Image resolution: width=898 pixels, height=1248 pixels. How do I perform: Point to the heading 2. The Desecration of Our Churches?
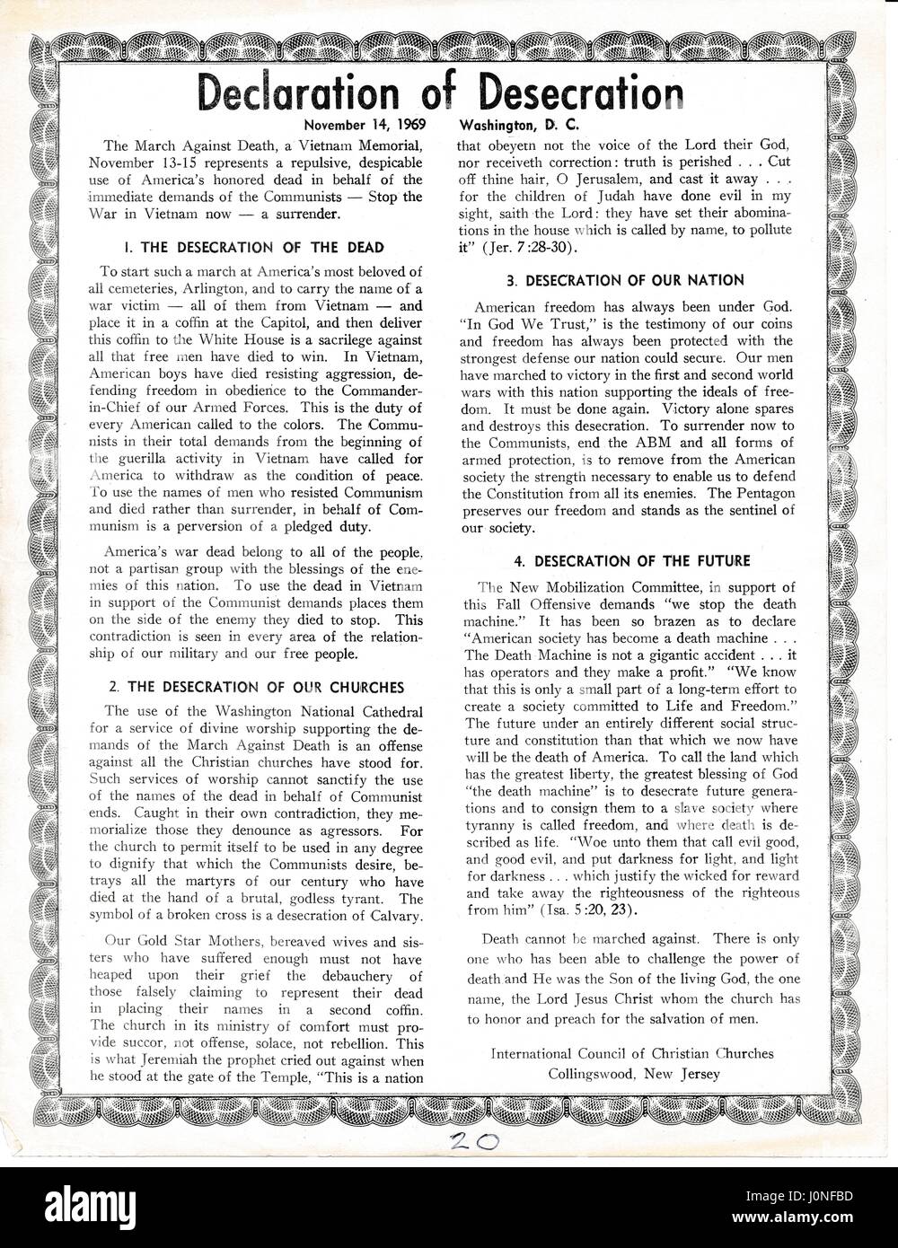click(x=255, y=688)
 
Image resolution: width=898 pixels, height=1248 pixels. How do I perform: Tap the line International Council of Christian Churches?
click(x=632, y=1052)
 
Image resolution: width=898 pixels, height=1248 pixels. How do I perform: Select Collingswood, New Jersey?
click(x=635, y=1073)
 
